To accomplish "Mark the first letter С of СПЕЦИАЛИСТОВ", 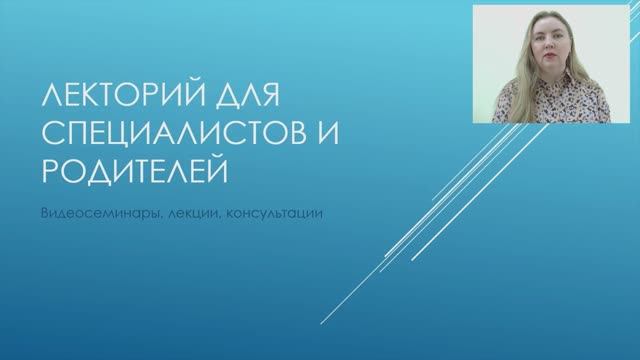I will (x=46, y=137).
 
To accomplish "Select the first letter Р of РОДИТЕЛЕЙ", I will (x=45, y=173).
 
